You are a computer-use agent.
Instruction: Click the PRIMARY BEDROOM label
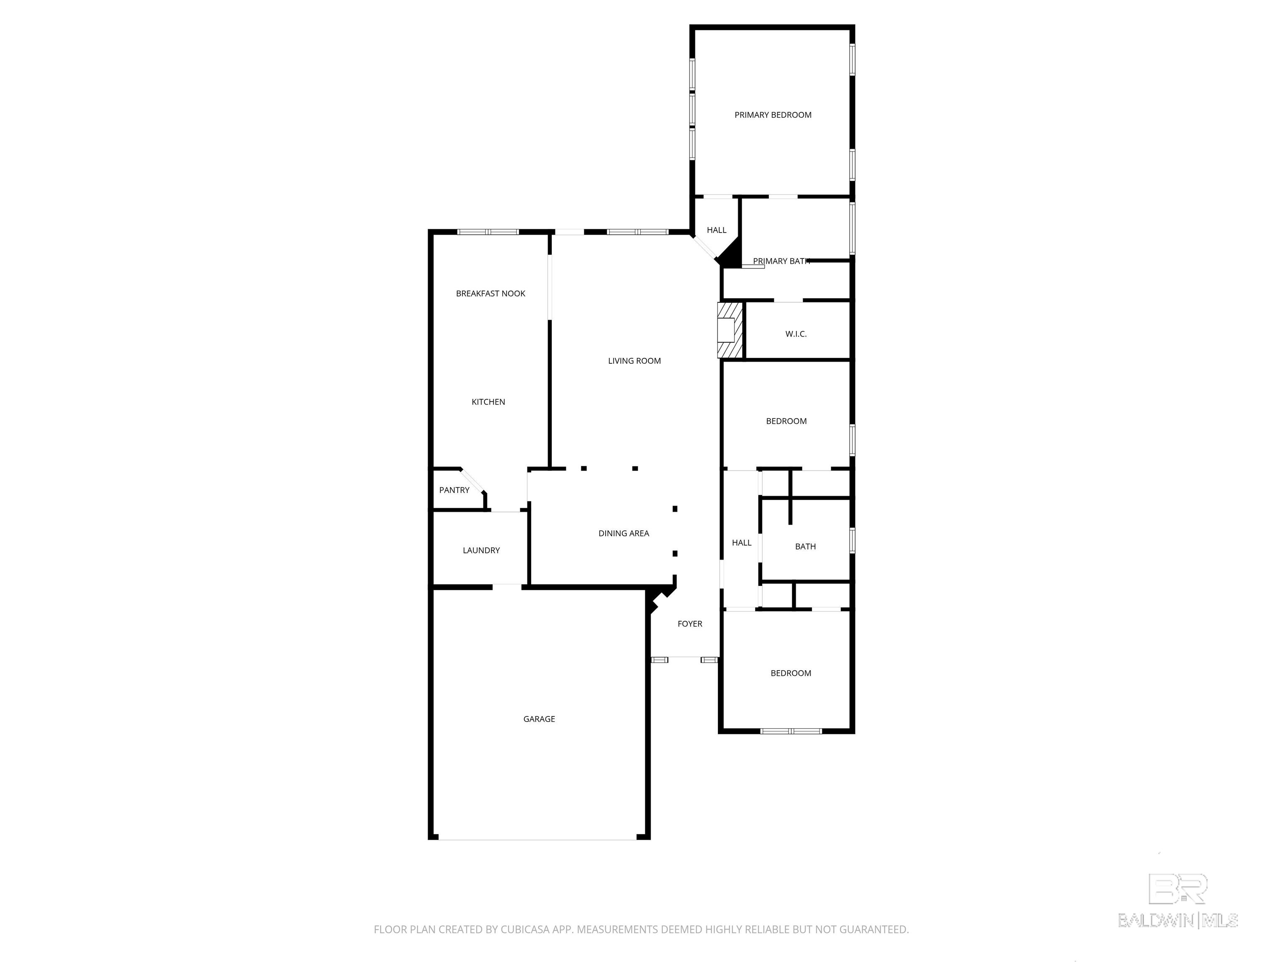(773, 115)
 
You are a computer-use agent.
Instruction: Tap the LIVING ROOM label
(634, 361)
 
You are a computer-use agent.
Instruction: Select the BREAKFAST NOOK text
(490, 294)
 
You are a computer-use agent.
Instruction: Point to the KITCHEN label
(488, 402)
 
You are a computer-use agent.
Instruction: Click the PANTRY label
(454, 490)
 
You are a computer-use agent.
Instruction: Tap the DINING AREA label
(624, 533)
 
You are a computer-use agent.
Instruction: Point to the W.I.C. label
(796, 334)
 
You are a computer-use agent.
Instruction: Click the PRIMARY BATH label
(781, 261)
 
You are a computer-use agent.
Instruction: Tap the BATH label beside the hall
(805, 546)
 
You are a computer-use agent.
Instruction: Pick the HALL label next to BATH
(741, 543)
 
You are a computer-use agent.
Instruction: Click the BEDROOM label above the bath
(786, 421)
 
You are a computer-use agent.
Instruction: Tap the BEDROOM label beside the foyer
(791, 673)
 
